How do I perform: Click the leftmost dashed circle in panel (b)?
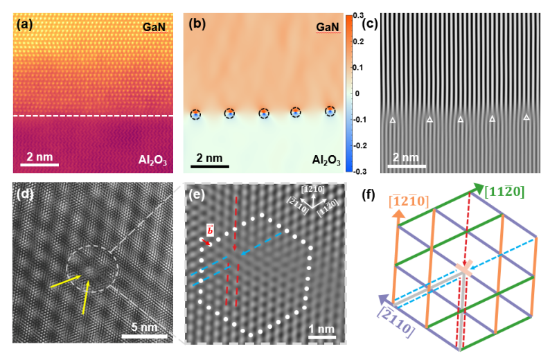(x=196, y=114)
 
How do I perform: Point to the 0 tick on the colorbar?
(x=357, y=93)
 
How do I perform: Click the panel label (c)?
(x=371, y=26)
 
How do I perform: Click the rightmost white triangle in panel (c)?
(x=526, y=118)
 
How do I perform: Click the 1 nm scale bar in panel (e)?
(x=323, y=337)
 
